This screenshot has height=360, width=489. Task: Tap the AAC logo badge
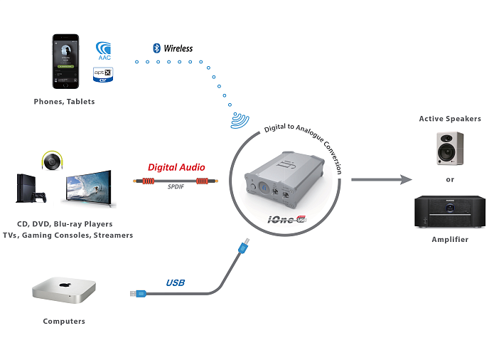(x=105, y=51)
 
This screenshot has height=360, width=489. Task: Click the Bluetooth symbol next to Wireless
(x=156, y=48)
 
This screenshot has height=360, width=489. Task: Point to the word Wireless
(x=178, y=48)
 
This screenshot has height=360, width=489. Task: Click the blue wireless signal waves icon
(x=240, y=119)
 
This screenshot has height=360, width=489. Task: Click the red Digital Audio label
(x=176, y=167)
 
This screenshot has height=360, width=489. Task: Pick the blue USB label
(x=175, y=282)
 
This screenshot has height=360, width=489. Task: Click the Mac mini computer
(x=63, y=290)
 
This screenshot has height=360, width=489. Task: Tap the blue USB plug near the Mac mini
(x=138, y=293)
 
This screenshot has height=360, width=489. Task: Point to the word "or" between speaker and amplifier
(x=450, y=179)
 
